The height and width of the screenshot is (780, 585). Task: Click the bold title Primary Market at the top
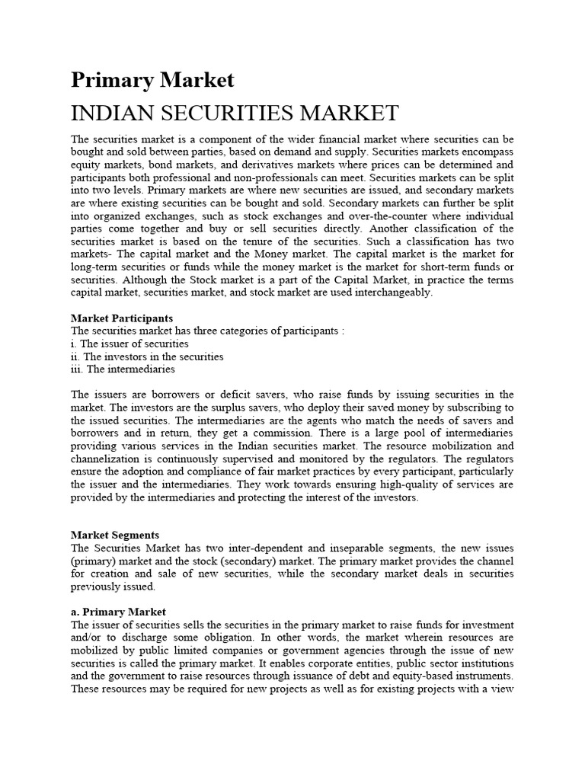point(152,80)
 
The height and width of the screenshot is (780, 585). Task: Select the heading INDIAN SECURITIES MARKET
point(235,113)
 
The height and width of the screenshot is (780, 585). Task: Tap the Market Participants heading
point(122,318)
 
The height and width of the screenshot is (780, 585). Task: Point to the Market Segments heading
point(115,535)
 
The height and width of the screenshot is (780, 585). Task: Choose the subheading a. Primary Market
point(118,612)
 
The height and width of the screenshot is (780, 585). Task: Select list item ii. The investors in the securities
point(147,356)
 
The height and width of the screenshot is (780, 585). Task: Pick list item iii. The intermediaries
point(123,369)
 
